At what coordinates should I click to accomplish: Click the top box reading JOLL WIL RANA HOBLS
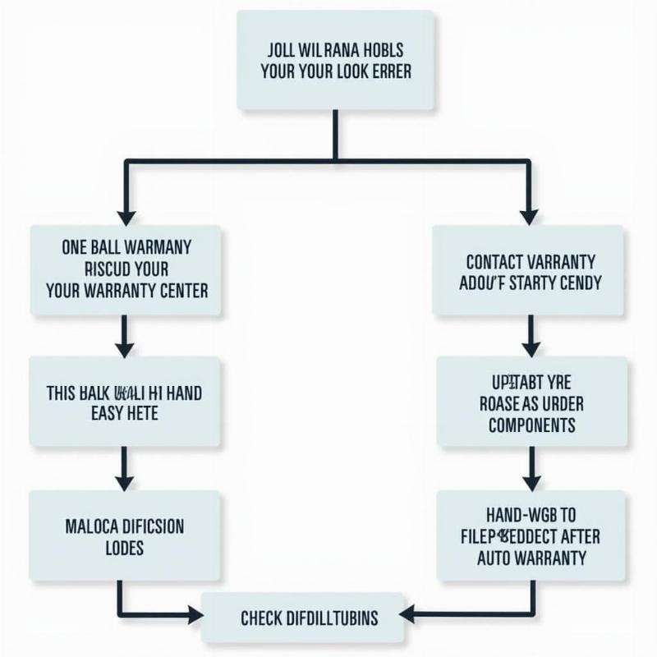[335, 61]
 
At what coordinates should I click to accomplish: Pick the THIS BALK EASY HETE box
[124, 402]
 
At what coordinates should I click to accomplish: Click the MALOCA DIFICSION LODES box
[124, 535]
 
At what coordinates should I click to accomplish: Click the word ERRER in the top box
[382, 71]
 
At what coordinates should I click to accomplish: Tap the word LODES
[125, 547]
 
